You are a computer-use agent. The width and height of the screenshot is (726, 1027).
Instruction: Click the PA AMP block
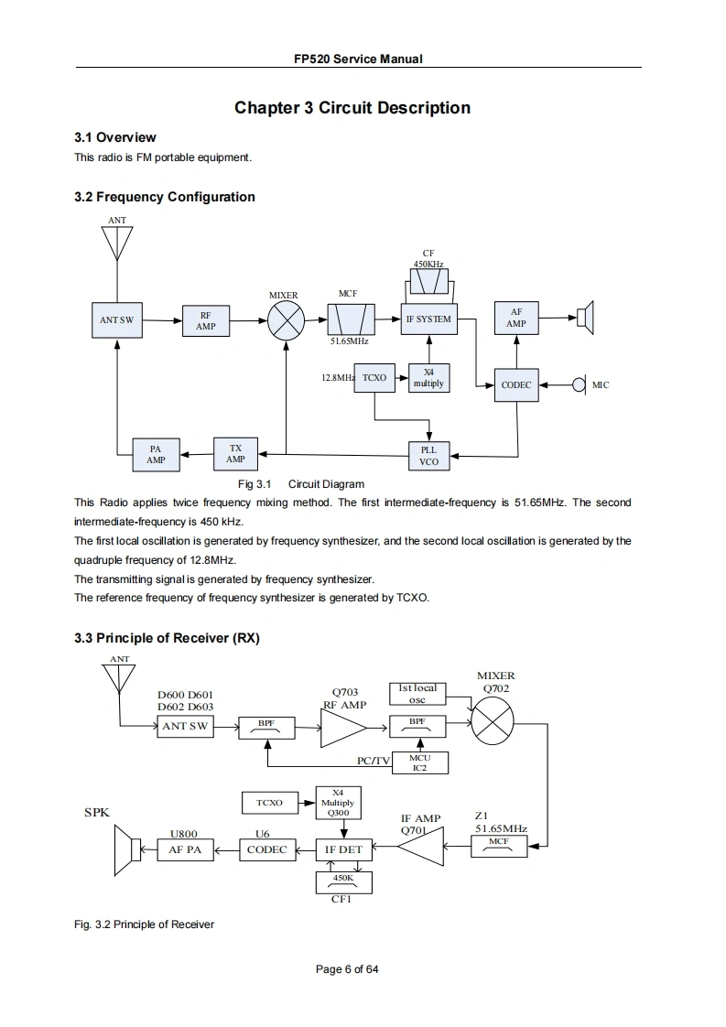pos(156,454)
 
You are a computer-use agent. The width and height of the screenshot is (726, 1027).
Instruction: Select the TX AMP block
pos(235,453)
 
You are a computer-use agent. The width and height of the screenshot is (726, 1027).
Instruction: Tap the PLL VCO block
pos(428,456)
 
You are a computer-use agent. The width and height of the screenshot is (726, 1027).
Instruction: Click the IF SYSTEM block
pos(428,319)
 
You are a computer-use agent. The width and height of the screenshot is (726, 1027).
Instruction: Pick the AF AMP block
pos(516,318)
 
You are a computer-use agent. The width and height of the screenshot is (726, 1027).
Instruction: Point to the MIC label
pos(601,385)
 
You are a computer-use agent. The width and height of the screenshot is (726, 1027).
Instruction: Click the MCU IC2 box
pos(419,762)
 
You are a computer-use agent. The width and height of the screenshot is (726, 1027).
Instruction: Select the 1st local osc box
pos(417,694)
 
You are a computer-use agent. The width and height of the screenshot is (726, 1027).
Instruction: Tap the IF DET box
pos(343,849)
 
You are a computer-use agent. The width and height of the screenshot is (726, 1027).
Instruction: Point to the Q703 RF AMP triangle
pos(341,728)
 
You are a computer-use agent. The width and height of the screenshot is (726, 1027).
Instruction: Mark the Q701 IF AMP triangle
pos(419,849)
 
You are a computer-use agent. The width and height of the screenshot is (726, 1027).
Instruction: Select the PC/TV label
pos(374,762)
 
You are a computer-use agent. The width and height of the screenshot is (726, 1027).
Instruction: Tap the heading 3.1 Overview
pos(114,137)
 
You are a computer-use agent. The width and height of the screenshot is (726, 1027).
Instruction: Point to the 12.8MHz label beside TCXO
pos(338,377)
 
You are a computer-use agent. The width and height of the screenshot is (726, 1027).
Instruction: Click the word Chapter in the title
pos(266,108)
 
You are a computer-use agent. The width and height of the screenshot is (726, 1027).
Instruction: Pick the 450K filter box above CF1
pos(343,881)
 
